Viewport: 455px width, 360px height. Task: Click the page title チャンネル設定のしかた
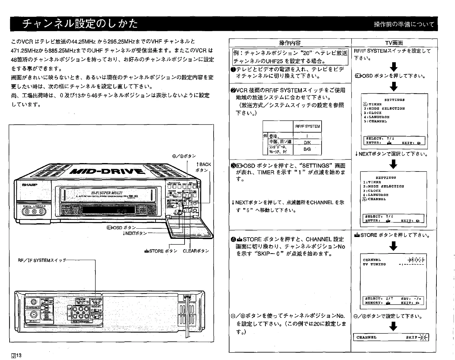[x=80, y=24]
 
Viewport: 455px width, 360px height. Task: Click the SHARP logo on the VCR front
[x=30, y=185]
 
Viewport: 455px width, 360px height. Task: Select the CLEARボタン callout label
[x=196, y=251]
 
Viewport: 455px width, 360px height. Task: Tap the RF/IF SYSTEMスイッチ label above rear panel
[x=42, y=260]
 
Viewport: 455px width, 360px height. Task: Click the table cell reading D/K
[x=307, y=142]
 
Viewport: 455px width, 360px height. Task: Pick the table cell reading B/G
[x=307, y=149]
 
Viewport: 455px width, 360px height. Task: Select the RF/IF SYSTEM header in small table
[x=307, y=126]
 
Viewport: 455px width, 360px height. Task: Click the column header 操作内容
[x=290, y=43]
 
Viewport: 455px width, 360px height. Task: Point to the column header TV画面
[x=394, y=43]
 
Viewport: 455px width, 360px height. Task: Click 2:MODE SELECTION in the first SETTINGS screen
[x=384, y=109]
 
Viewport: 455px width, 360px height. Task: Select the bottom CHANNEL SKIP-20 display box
[x=391, y=337]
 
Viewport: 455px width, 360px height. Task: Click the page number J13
[x=16, y=356]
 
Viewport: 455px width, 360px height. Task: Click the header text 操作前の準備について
[x=404, y=24]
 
